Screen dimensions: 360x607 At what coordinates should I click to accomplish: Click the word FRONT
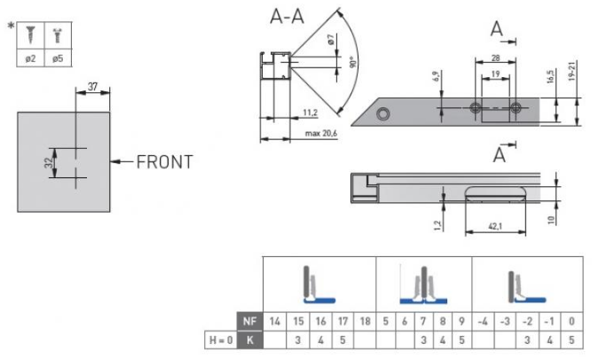click(x=164, y=161)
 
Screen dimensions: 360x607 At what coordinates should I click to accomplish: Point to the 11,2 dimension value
click(x=310, y=113)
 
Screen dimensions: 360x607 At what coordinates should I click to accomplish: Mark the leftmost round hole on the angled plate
click(x=383, y=113)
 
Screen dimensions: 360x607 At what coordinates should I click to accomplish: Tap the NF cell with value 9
click(x=461, y=320)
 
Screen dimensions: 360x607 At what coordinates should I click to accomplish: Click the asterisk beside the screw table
click(x=11, y=25)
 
